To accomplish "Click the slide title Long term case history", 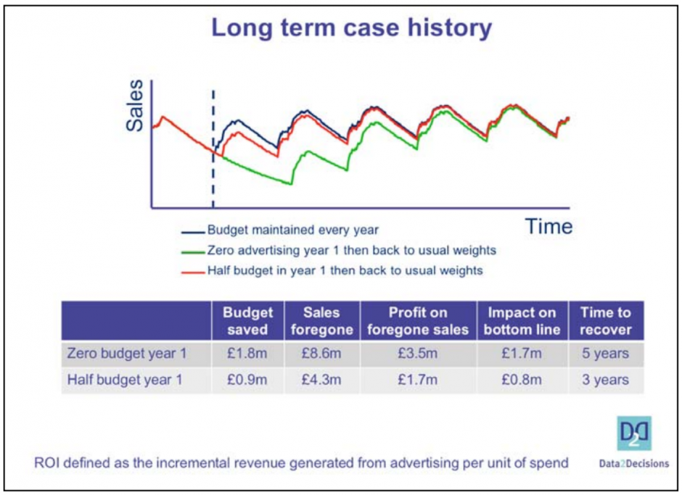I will click(x=351, y=28).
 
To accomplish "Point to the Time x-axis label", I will click(x=549, y=227).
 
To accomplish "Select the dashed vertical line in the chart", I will click(x=213, y=149).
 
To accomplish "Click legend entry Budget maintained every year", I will click(x=293, y=230).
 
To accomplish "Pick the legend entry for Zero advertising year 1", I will click(x=351, y=250).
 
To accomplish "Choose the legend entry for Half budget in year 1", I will click(x=345, y=270).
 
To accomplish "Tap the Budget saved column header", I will click(x=247, y=321).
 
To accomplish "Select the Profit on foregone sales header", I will click(x=416, y=321).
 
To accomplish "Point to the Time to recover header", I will click(x=606, y=321).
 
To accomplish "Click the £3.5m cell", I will click(x=416, y=354).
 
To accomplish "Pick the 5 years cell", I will click(x=606, y=354).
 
